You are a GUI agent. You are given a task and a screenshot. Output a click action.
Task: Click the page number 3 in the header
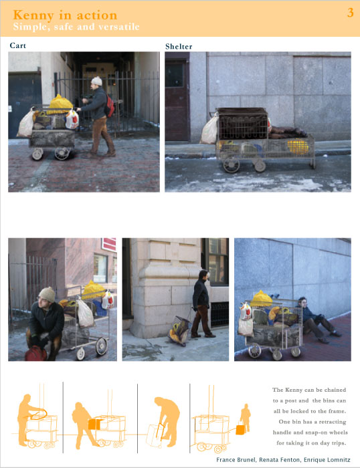coord(350,13)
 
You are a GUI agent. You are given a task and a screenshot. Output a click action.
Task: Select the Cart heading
coord(18,45)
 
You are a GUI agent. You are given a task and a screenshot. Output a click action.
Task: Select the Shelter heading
coord(179,46)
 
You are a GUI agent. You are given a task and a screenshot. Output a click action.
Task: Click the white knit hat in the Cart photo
coord(96,81)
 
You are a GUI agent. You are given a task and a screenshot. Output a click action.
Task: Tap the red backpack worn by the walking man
coord(110,106)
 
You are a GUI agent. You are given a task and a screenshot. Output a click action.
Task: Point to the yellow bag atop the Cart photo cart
coord(61,103)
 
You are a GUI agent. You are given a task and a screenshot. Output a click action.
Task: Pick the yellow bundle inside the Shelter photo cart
coord(298,146)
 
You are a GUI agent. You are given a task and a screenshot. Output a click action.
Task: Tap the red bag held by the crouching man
coord(36,354)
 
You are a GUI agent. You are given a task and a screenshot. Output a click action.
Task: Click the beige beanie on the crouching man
coord(48,294)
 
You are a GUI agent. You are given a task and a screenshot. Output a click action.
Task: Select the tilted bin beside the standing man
coord(179,330)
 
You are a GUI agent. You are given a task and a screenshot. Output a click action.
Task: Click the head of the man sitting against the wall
coord(302,302)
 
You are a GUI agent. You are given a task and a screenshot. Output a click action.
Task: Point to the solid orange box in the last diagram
coord(240,429)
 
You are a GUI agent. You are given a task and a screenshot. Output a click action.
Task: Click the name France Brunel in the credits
coord(236,460)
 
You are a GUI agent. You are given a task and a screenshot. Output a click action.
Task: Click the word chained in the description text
coord(335,390)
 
